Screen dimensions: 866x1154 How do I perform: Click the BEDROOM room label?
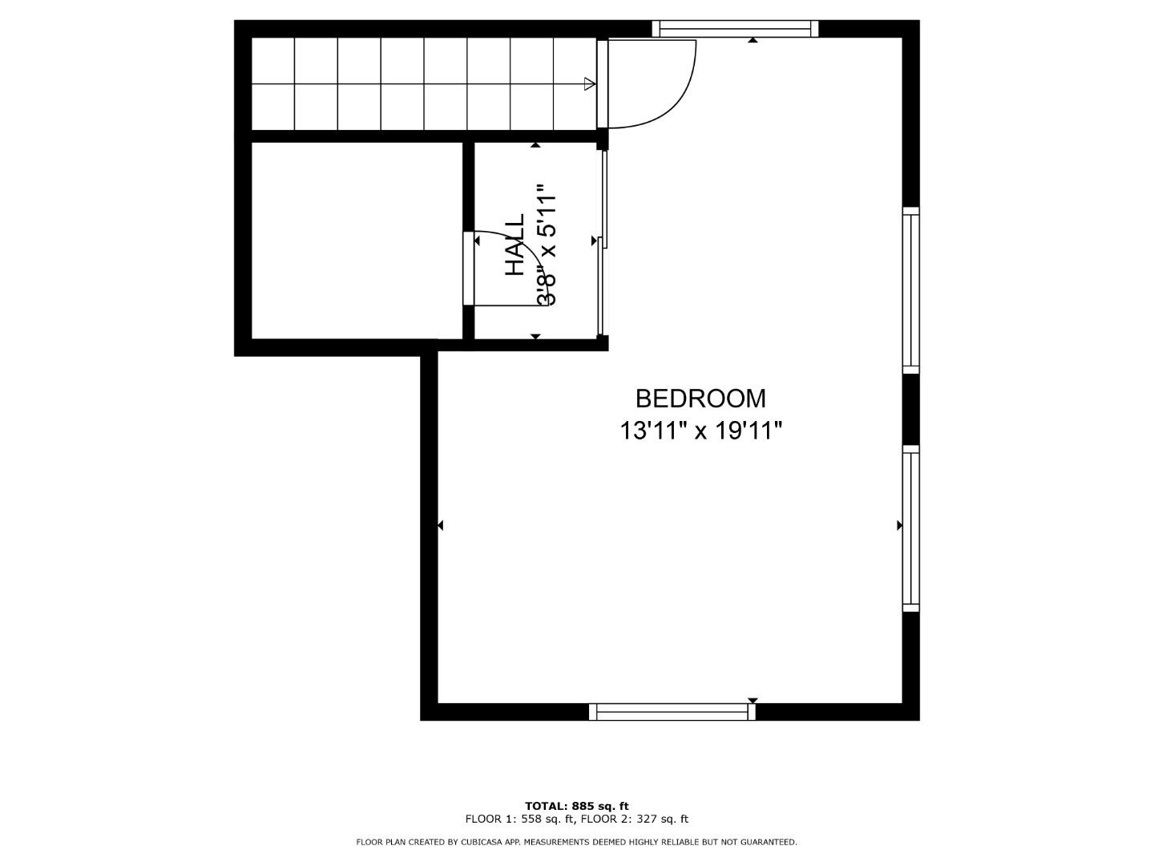click(x=700, y=399)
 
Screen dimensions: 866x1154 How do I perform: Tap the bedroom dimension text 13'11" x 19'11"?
click(x=700, y=431)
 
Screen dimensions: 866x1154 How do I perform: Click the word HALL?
click(x=515, y=245)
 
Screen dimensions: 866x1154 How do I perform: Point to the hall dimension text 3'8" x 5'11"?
click(x=547, y=245)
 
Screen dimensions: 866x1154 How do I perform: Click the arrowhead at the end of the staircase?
click(x=591, y=83)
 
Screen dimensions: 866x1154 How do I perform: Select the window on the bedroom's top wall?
click(x=735, y=30)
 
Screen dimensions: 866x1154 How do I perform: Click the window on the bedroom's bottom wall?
click(x=672, y=711)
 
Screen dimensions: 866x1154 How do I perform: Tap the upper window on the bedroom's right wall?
click(x=910, y=289)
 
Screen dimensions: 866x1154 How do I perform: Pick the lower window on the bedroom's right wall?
click(x=910, y=528)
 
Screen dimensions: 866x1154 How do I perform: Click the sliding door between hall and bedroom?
click(x=603, y=241)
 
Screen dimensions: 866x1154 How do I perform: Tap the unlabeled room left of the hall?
click(x=357, y=241)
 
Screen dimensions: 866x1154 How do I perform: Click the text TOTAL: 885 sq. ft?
click(x=576, y=806)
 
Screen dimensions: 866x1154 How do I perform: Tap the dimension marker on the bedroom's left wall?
click(x=440, y=525)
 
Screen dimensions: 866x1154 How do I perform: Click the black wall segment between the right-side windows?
click(x=910, y=409)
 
